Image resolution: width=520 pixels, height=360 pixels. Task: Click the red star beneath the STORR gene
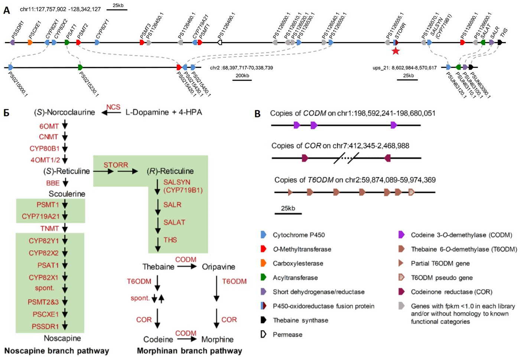(396, 51)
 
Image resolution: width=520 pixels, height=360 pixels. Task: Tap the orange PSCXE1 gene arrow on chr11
(30, 42)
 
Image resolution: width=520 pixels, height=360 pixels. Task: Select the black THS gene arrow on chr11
(500, 42)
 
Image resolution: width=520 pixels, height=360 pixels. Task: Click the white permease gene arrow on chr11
(220, 42)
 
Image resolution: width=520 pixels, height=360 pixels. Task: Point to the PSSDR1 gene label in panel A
(17, 30)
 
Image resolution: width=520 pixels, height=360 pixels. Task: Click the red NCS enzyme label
(113, 107)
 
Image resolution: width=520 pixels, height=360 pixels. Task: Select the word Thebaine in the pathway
(158, 267)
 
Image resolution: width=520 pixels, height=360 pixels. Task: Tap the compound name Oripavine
(218, 267)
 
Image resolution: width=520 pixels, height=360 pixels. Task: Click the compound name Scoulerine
(67, 194)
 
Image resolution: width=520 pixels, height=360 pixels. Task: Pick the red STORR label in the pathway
(116, 165)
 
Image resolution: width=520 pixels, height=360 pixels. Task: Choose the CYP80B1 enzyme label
(45, 149)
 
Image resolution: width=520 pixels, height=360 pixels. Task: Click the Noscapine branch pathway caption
(57, 351)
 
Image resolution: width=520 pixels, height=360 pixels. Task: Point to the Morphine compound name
(217, 339)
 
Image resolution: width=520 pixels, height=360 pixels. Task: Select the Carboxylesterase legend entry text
(298, 263)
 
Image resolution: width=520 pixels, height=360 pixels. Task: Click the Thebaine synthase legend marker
(263, 320)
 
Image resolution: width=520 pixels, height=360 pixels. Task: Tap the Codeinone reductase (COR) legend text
(451, 292)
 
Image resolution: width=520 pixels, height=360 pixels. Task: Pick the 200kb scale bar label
(242, 75)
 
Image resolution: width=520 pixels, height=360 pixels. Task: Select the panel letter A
(7, 10)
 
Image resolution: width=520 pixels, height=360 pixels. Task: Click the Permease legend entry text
(287, 334)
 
